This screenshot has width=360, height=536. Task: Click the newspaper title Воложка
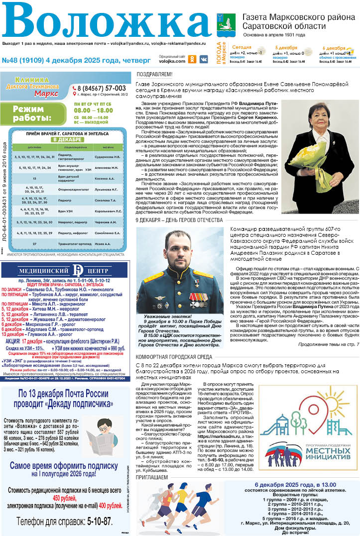tap(107, 22)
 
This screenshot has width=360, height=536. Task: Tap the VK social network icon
tap(204, 59)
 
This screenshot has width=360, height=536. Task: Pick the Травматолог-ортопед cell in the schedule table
tap(74, 244)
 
